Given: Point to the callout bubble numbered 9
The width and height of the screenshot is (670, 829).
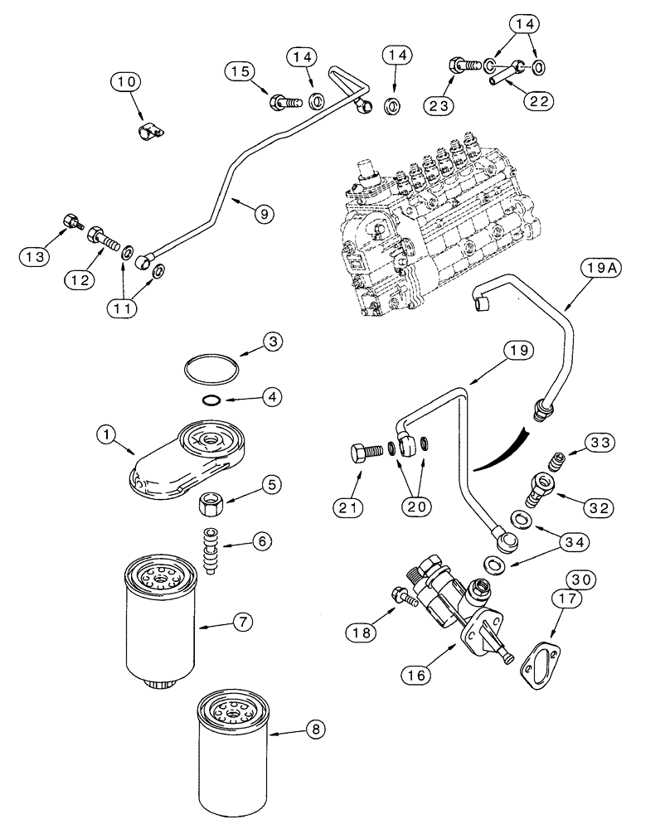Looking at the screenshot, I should (x=262, y=213).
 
